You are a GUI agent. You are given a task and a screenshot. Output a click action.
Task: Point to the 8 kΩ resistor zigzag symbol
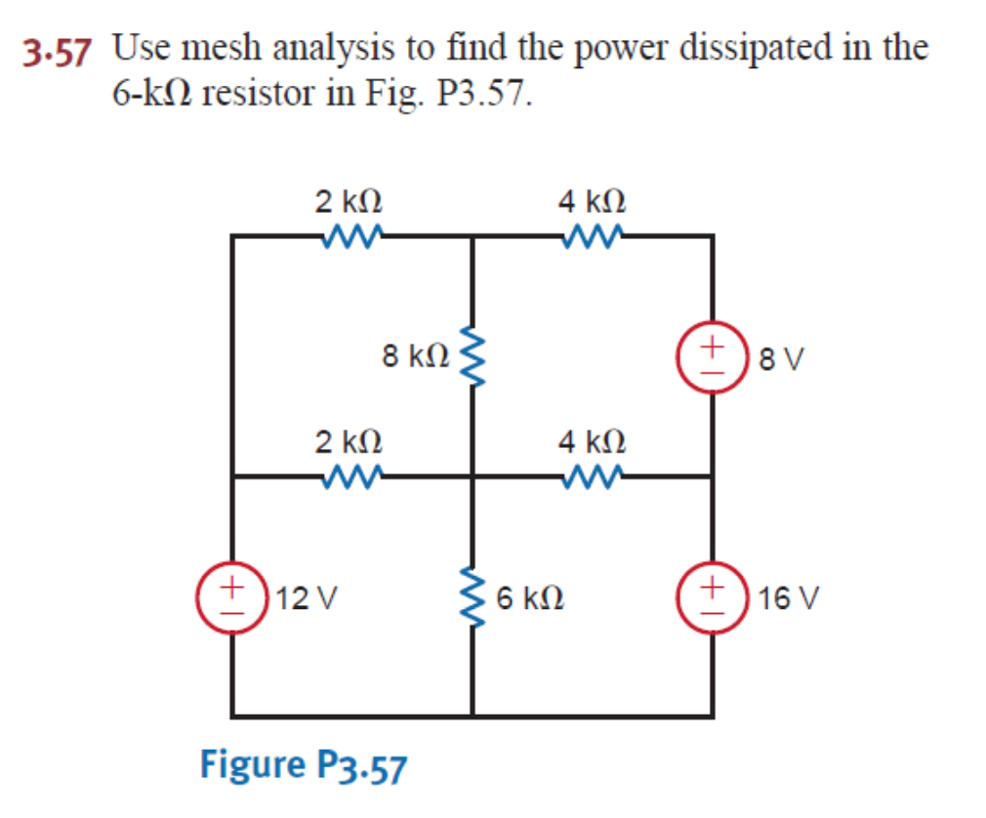tap(473, 356)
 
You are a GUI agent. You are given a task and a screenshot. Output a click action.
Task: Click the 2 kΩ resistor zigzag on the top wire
tap(349, 235)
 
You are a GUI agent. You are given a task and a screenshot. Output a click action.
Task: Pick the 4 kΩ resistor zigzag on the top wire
tap(592, 235)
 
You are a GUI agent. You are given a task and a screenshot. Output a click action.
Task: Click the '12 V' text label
tap(303, 596)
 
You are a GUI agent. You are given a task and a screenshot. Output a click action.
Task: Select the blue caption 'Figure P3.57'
tap(303, 765)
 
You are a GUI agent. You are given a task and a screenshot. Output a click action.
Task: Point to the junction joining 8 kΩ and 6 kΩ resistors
tap(473, 476)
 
